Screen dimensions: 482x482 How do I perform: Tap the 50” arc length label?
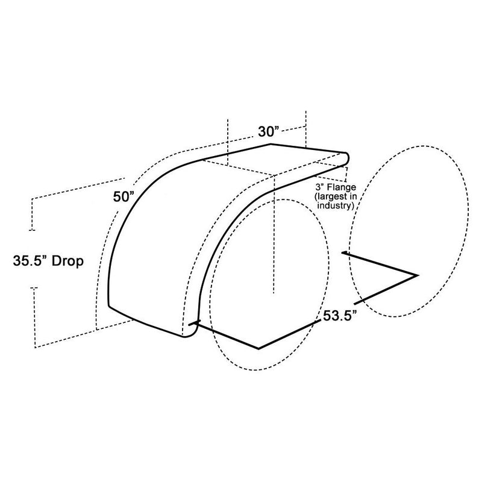pos(124,197)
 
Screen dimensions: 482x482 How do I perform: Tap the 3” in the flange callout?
pos(320,188)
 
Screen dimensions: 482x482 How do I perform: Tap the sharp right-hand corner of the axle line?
pos(416,275)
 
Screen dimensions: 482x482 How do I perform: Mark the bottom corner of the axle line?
pos(258,348)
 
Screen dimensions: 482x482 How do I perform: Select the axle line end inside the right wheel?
pos(343,253)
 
